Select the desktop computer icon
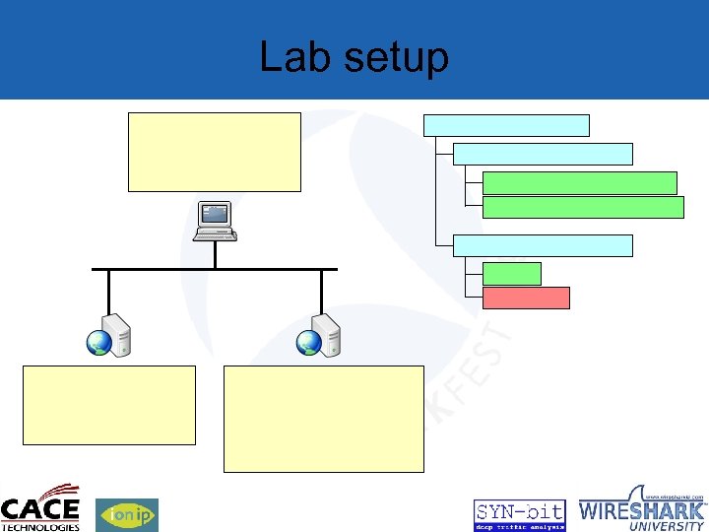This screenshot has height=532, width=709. (x=215, y=221)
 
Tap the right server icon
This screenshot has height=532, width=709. (x=321, y=335)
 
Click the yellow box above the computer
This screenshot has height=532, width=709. (x=214, y=152)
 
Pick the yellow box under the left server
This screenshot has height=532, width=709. (x=108, y=405)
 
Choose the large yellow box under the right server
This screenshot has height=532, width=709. (x=323, y=419)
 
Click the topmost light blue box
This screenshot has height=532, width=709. (x=506, y=125)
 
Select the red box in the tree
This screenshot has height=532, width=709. (x=526, y=298)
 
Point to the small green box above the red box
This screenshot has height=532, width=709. (x=512, y=274)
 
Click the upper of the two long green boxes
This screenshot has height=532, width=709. (x=580, y=182)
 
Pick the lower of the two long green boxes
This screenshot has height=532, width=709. (x=583, y=206)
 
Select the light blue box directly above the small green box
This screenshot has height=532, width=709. (x=543, y=245)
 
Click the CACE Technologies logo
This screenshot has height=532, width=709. (x=40, y=508)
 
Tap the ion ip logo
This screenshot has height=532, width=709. (x=126, y=514)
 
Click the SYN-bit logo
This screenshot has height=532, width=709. (x=519, y=514)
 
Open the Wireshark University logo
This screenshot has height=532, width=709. (x=642, y=509)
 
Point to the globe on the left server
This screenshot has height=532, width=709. (x=98, y=342)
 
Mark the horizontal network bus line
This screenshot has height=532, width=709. (x=214, y=268)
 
